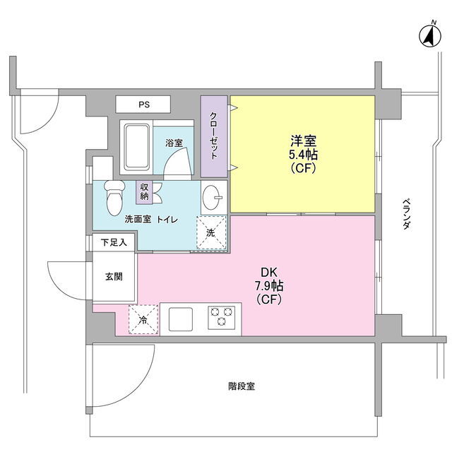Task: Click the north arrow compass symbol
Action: (430, 36)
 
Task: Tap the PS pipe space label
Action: (144, 105)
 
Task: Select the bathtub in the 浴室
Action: (137, 147)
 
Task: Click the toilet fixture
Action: (114, 198)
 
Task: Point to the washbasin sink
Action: (212, 198)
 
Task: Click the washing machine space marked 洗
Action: (211, 232)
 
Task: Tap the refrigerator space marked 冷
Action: (143, 320)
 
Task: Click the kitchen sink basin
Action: (181, 319)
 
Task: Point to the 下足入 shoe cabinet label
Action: (114, 242)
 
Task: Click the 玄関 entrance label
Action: (114, 276)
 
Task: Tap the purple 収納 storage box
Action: (144, 192)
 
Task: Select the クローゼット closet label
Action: (213, 136)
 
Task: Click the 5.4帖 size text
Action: (303, 155)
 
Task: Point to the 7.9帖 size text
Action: (268, 286)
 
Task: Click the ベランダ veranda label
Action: (406, 213)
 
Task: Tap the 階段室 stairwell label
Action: (242, 386)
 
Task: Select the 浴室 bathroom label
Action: (174, 143)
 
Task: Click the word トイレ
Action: (167, 220)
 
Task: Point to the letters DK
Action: (268, 272)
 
